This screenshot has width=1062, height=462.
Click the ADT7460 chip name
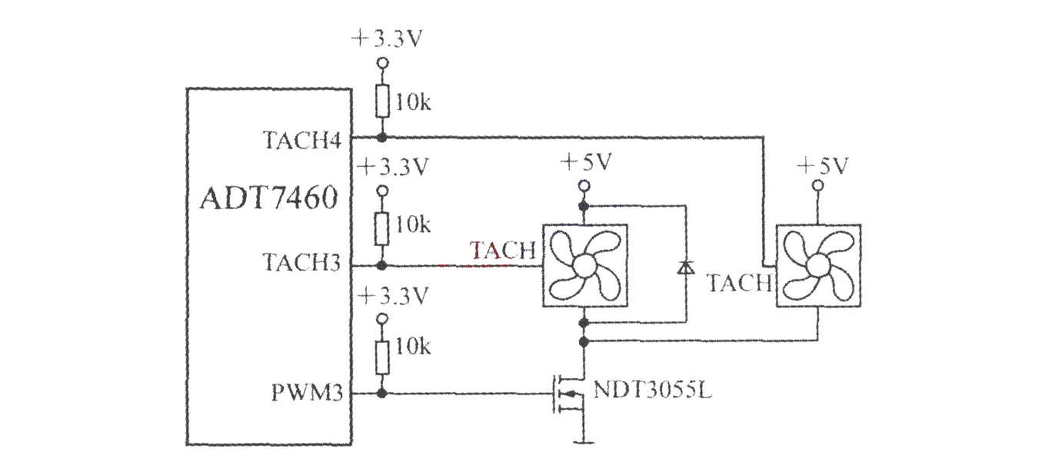(269, 198)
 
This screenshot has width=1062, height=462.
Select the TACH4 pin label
(302, 140)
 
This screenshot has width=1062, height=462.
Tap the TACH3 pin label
(301, 262)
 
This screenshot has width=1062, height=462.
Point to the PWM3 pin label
(307, 393)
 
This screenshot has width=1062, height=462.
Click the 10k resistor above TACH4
(382, 101)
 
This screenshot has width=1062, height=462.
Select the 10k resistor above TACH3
(381, 229)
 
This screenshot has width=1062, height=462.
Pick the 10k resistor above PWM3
(382, 357)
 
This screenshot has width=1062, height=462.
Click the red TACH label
(503, 250)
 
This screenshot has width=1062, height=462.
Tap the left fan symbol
(585, 265)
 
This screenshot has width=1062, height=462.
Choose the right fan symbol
(818, 265)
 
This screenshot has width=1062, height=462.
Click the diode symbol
(685, 268)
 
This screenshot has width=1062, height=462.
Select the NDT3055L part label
(652, 391)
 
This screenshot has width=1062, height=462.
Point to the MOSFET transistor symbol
(569, 394)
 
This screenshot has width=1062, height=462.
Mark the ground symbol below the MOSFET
(584, 442)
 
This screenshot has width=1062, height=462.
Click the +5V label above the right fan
(823, 166)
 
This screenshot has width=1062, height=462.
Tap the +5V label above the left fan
(587, 162)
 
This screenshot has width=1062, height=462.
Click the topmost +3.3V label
(386, 39)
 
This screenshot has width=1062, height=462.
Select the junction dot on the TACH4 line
(381, 138)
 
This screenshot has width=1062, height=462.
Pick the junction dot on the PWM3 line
(381, 393)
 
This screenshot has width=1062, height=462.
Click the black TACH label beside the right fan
(740, 284)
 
